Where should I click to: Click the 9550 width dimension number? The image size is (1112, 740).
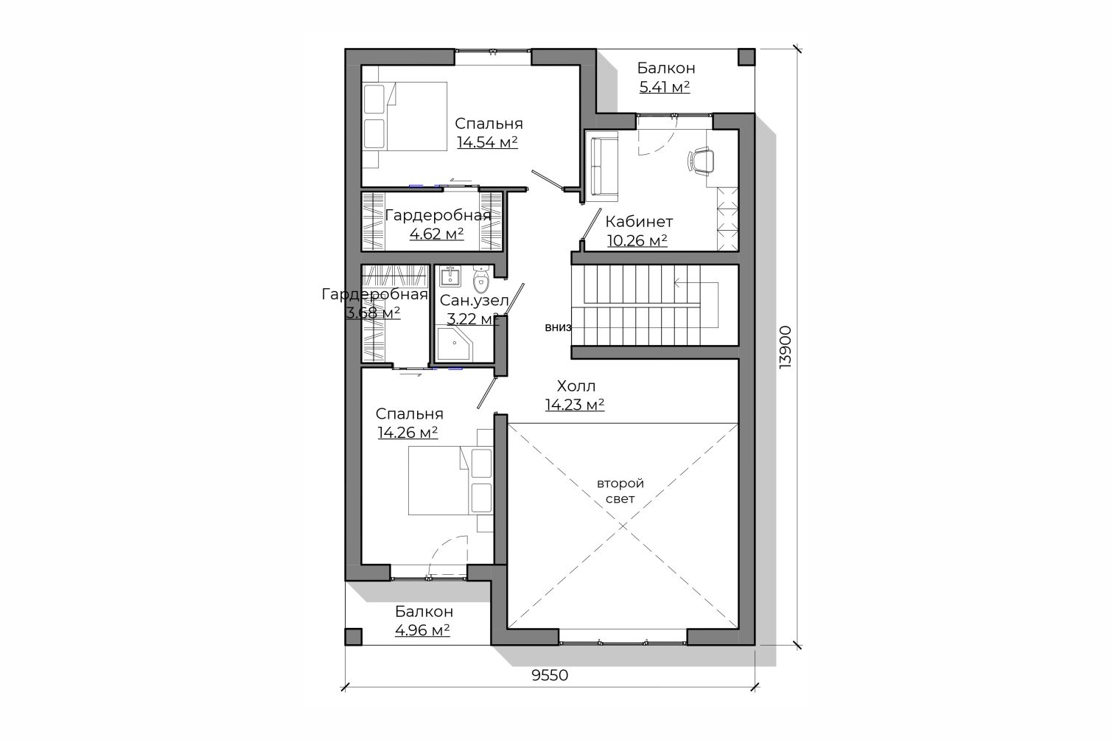[550, 675]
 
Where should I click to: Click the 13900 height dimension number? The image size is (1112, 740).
[785, 347]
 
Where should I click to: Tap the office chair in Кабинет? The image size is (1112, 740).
[701, 161]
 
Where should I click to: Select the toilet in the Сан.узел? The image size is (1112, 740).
[480, 280]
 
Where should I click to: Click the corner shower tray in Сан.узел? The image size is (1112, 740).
[454, 343]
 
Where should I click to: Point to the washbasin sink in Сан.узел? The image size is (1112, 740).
[450, 276]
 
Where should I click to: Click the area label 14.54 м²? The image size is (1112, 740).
[488, 142]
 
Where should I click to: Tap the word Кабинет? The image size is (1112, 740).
[639, 222]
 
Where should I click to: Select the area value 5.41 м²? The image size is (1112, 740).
[665, 88]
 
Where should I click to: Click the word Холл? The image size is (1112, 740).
[576, 386]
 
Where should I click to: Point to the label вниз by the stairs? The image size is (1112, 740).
[558, 327]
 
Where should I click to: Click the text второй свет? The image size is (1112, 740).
[620, 491]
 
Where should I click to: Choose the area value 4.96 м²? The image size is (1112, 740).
[422, 630]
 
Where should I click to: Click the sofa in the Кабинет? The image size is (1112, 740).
[601, 167]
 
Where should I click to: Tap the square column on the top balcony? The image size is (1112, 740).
[746, 57]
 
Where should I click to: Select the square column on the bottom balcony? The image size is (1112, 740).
[354, 637]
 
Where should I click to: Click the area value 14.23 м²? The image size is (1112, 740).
[575, 405]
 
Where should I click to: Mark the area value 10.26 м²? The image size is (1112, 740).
[637, 241]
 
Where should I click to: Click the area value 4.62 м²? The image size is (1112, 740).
[437, 234]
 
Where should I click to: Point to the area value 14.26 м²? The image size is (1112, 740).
[408, 433]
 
